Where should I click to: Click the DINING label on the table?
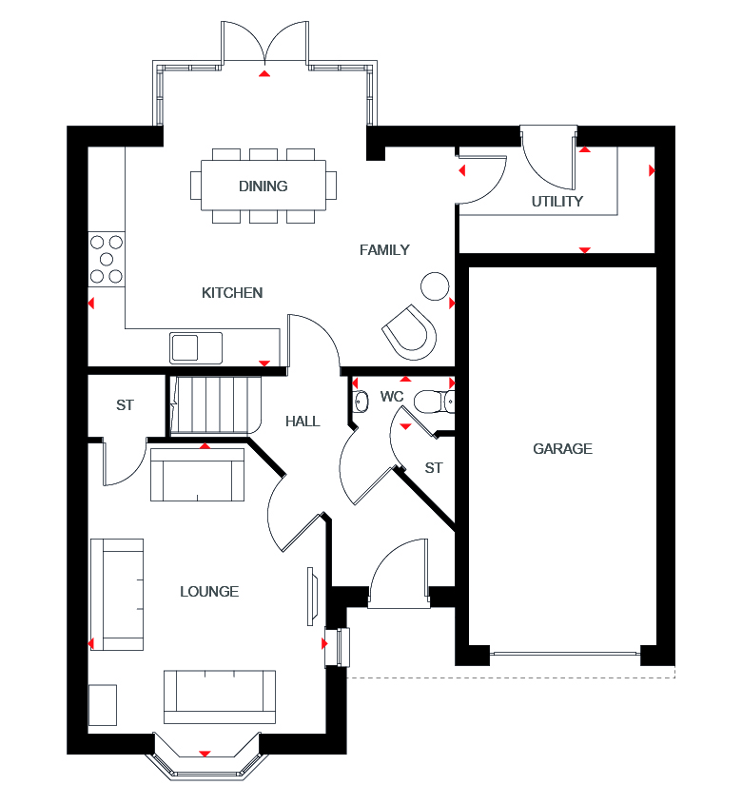click(264, 187)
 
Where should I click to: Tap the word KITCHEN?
click(232, 293)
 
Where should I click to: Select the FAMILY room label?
click(384, 250)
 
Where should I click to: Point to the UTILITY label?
click(557, 202)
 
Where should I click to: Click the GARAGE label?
click(562, 449)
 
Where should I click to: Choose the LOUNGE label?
click(209, 592)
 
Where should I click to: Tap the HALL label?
click(303, 422)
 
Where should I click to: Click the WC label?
click(392, 396)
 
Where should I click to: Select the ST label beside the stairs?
click(125, 405)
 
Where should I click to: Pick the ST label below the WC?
click(434, 468)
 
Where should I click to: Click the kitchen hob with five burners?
click(107, 259)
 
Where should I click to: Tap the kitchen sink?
click(196, 347)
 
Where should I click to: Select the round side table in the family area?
click(435, 285)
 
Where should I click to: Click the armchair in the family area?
click(410, 330)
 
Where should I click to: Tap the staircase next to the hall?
click(216, 404)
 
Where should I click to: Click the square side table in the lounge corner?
click(103, 705)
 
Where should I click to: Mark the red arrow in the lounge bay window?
click(205, 755)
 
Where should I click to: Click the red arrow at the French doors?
click(265, 72)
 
